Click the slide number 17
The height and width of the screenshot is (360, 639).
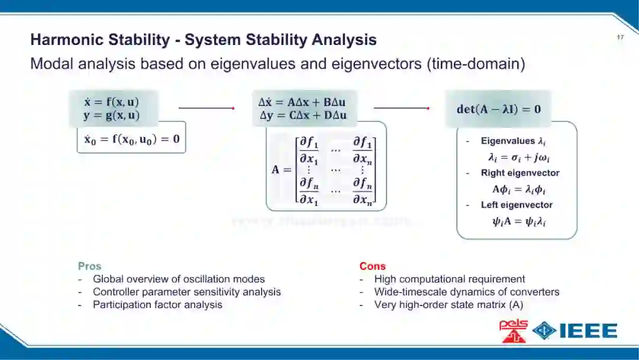coord(620,37)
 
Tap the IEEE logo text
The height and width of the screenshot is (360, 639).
coord(589,330)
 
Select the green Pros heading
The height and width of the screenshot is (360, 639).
coord(89,266)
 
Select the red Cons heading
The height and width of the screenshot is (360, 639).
coord(372,266)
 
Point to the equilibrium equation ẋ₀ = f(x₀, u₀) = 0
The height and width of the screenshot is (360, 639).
coord(131,140)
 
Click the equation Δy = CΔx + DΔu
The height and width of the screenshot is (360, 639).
coord(303,115)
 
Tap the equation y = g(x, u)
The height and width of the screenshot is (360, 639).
coord(111,115)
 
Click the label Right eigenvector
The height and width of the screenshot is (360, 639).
coord(512,173)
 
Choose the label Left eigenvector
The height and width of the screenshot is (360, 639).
coord(508,205)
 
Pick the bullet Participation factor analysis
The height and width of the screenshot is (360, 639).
coord(157,304)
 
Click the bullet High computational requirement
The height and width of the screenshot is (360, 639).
coord(450,279)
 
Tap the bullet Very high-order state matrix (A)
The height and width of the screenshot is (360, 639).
coord(448,304)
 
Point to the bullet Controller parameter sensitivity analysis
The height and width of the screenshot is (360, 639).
coord(187,291)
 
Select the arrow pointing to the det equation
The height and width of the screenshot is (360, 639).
coord(402,108)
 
